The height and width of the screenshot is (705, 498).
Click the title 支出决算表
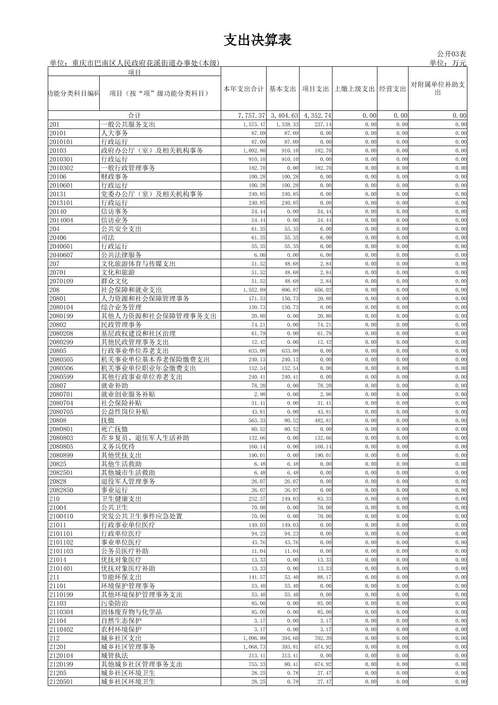257,40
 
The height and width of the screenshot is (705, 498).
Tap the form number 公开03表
451,54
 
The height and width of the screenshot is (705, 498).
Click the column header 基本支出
282,89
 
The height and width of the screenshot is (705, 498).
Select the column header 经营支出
392,89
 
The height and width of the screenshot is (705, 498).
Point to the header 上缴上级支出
354,89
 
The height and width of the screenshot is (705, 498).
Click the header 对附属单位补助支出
437,89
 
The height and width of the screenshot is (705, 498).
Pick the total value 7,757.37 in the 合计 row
251,115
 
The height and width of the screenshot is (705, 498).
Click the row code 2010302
61,168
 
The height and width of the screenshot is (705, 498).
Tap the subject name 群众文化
115,281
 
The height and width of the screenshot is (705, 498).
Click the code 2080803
61,438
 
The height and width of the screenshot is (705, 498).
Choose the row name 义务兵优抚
118,447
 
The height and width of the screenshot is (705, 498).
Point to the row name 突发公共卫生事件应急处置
142,516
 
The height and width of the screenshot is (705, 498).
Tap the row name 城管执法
115,656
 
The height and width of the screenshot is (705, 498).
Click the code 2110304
61,612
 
